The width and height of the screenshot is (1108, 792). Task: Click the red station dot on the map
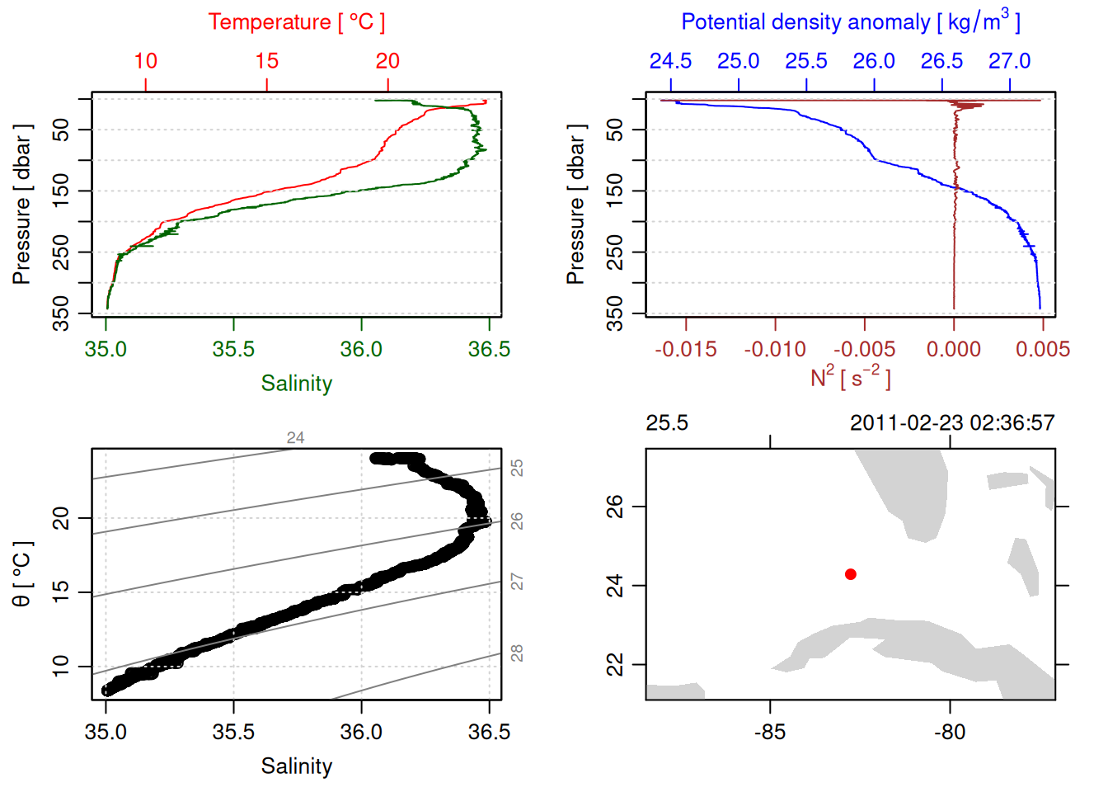(851, 574)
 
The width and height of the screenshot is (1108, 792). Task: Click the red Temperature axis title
(296, 22)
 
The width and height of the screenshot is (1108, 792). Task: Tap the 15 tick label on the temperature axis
(267, 61)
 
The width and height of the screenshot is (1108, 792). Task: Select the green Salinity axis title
(296, 384)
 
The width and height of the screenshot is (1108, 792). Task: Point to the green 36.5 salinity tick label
(489, 350)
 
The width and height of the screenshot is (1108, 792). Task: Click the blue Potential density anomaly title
(850, 22)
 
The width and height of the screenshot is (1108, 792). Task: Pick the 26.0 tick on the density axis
(874, 61)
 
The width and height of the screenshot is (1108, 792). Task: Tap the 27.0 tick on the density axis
(1010, 61)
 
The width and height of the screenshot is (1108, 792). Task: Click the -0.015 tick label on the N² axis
(686, 350)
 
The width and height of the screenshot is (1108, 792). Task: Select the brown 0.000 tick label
(954, 350)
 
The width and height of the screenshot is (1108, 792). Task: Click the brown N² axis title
(850, 377)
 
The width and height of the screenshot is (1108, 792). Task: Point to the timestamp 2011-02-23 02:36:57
(952, 423)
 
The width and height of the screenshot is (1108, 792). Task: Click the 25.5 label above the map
(667, 423)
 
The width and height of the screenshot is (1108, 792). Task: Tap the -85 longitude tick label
(770, 733)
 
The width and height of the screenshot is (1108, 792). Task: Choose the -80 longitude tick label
(950, 733)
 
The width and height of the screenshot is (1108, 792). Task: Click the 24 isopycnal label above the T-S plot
(295, 438)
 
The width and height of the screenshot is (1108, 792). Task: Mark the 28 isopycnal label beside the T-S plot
(517, 653)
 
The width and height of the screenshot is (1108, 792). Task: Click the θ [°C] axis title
(22, 574)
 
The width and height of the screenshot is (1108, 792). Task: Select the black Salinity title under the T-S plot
(296, 766)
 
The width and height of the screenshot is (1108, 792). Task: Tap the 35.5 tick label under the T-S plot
(233, 733)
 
